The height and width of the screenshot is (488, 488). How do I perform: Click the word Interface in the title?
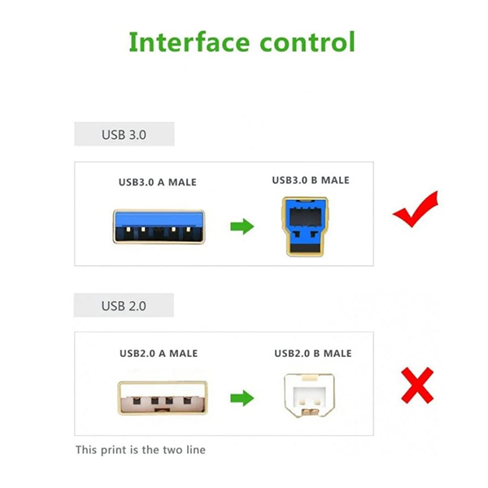(x=190, y=41)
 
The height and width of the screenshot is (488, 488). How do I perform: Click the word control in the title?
(x=307, y=41)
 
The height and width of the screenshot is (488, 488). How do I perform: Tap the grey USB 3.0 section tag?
(x=124, y=134)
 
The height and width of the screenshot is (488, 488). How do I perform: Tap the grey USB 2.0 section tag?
(x=124, y=305)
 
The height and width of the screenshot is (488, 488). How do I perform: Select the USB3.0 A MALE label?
(x=158, y=182)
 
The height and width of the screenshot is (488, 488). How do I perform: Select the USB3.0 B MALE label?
(x=311, y=181)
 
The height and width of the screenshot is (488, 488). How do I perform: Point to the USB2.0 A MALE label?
(x=159, y=353)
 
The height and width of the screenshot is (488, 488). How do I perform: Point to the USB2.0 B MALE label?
(x=313, y=353)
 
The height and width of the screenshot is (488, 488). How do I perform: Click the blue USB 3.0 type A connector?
(x=159, y=227)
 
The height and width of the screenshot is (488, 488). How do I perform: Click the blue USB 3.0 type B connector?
(x=305, y=227)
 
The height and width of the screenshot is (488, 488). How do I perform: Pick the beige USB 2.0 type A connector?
(x=163, y=398)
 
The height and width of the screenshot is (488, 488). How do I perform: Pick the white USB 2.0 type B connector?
(x=309, y=395)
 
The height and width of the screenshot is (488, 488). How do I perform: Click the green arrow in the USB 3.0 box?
(x=242, y=226)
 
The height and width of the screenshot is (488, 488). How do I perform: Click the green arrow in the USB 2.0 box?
(x=242, y=398)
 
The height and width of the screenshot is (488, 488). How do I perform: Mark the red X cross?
(x=417, y=386)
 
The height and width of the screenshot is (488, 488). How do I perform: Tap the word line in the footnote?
(x=196, y=450)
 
